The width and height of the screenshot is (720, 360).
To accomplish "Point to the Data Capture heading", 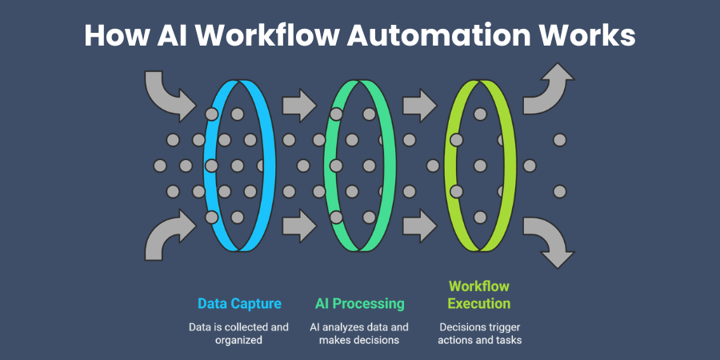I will tap(239, 304).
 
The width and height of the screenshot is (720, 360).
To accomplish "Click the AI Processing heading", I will tap(359, 304).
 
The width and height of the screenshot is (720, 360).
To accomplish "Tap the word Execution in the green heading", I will tap(479, 304).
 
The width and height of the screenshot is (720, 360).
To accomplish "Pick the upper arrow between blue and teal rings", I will tap(299, 106).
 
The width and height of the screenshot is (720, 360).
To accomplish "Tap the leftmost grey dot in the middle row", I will tap(160, 166).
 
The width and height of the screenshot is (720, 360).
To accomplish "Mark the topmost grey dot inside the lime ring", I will tap(480, 114).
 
